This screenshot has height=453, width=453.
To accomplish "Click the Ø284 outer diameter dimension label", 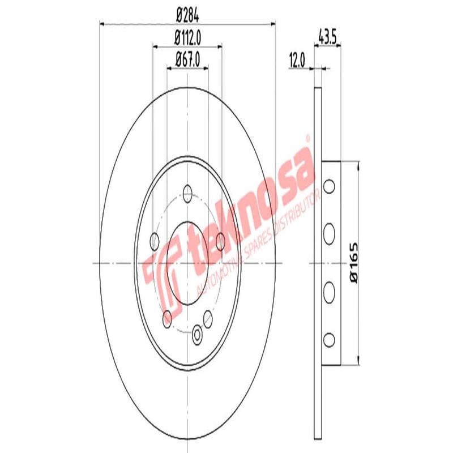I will pos(187,16).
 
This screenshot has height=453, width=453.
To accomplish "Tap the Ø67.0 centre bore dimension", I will pos(187,58).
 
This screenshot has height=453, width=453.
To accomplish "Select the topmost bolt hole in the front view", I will pos(187,193).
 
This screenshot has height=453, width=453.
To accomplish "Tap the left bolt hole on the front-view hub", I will pos(154,242).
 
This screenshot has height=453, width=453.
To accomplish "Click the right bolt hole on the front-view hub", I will pos(220,242).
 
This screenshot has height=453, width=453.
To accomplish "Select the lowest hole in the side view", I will pos(329,339).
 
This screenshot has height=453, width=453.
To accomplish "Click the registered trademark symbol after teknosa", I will pos(308,138).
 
